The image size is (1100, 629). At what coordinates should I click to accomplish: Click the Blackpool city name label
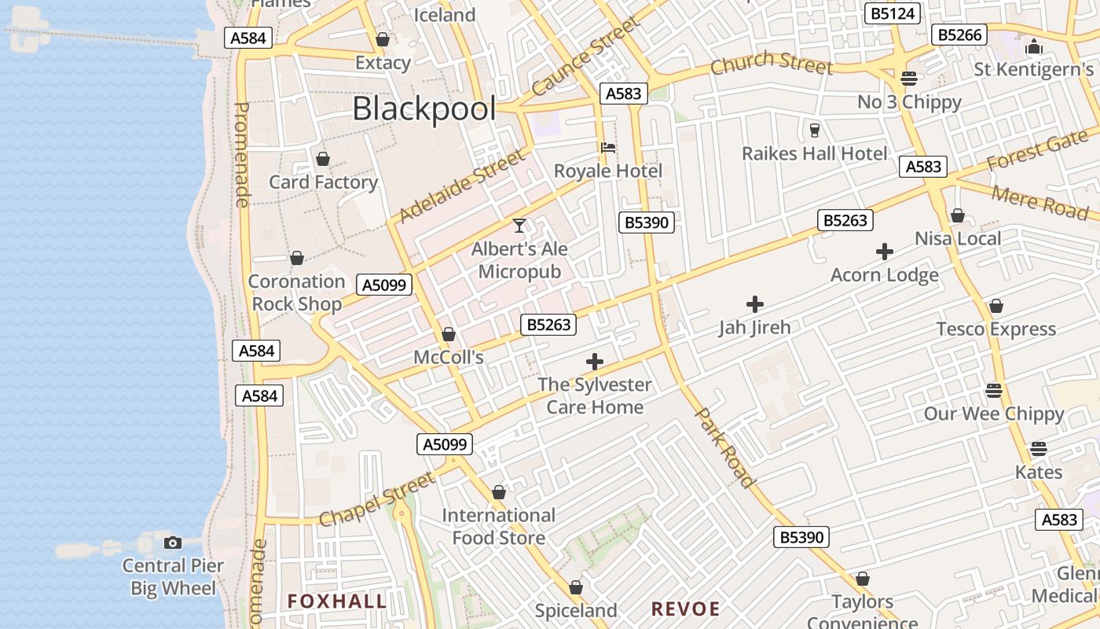424,109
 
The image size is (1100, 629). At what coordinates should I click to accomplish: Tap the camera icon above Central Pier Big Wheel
173,543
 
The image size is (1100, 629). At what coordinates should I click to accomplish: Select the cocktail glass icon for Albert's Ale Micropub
519,226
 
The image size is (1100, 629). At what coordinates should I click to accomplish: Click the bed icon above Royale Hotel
607,147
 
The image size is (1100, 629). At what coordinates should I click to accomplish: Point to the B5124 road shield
892,13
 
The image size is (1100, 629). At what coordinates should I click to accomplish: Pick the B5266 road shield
960,35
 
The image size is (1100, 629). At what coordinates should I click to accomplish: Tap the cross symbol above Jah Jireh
755,304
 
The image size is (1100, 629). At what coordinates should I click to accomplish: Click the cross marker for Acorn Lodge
885,252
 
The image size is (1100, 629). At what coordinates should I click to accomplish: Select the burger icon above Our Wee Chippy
994,391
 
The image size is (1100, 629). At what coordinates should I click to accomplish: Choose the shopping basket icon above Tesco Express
996,306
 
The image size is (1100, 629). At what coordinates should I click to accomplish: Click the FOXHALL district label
337,602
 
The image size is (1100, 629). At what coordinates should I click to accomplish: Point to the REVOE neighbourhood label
685,609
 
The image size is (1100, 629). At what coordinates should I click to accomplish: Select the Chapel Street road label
377,498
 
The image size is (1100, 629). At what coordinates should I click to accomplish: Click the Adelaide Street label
461,186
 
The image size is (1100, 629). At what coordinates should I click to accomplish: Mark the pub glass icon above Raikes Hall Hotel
815,130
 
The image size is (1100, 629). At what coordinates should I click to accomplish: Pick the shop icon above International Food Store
498,493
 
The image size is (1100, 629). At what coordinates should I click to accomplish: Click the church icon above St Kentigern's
1034,46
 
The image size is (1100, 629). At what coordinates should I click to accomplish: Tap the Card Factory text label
324,182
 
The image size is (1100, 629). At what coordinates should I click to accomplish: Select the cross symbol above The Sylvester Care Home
595,362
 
